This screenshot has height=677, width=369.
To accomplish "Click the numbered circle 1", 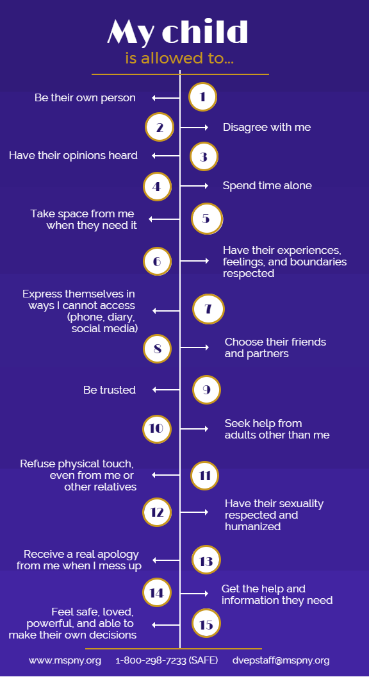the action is point(202,97).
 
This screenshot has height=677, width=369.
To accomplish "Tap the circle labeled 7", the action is point(208,309).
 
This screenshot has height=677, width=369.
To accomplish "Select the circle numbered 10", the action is point(157,429).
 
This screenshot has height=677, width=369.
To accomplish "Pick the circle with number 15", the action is point(206,623).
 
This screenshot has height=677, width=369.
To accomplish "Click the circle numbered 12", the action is point(157,512).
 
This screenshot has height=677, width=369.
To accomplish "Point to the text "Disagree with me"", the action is point(266,127).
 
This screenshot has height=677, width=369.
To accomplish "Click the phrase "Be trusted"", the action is point(110,390).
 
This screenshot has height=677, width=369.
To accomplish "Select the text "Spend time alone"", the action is point(267,186).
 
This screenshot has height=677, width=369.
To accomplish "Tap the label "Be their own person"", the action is point(85,98).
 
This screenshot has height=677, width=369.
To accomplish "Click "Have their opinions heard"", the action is point(74,155).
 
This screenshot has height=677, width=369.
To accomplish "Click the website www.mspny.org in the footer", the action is point(65,660).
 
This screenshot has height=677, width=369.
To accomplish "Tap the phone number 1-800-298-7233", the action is point(151,660).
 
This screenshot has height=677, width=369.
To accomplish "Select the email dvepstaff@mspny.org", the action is point(281,660).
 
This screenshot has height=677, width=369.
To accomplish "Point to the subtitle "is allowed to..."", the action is point(179,58).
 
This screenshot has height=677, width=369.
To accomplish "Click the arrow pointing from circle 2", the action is point(194,128).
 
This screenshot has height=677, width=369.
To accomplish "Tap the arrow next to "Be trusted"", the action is point(166,390).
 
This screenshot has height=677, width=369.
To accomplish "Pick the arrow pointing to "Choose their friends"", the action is point(195,347).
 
